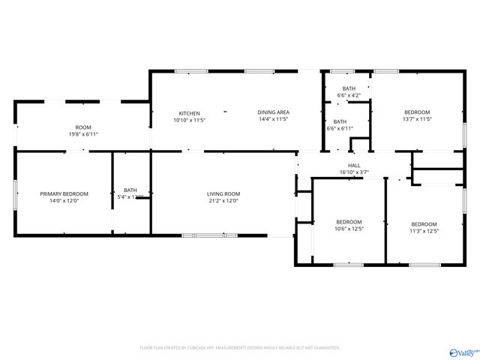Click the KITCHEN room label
point(189,113)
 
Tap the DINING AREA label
point(273,112)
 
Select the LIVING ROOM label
point(223,194)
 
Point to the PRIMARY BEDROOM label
point(64,194)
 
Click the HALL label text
point(354,165)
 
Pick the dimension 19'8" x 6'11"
point(82,134)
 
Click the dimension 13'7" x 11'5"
point(417,119)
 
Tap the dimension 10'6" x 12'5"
point(349,229)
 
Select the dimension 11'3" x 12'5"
point(424,231)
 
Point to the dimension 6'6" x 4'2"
point(349,95)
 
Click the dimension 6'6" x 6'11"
point(340,128)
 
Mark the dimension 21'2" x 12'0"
point(223,201)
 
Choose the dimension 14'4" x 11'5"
point(273,119)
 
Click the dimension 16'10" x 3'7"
point(354,172)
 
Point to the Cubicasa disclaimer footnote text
point(240,348)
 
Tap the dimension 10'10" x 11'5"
point(189,120)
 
